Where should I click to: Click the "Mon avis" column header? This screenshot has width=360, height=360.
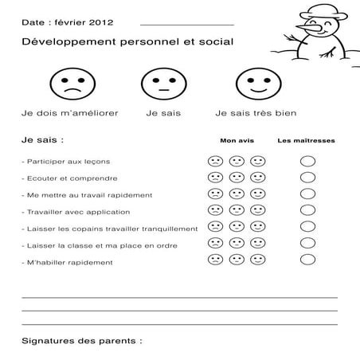pos(237,141)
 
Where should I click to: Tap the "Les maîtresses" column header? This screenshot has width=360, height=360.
pos(306,141)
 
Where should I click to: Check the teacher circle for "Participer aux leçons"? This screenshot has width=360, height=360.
pos(307,161)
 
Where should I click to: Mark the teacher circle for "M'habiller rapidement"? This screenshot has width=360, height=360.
pos(307,260)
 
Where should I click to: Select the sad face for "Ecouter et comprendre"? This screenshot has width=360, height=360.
pos(215,178)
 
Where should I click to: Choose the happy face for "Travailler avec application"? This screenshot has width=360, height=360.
pos(257,211)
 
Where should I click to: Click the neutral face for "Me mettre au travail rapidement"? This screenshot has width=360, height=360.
pos(237,194)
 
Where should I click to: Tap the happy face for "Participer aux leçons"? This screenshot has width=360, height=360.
pos(257,161)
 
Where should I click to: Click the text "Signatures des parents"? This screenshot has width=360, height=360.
pos(81,340)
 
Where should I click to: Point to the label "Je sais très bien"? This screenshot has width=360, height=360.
pos(252,113)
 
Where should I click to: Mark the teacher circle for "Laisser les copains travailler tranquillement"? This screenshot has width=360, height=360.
pos(307,228)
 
